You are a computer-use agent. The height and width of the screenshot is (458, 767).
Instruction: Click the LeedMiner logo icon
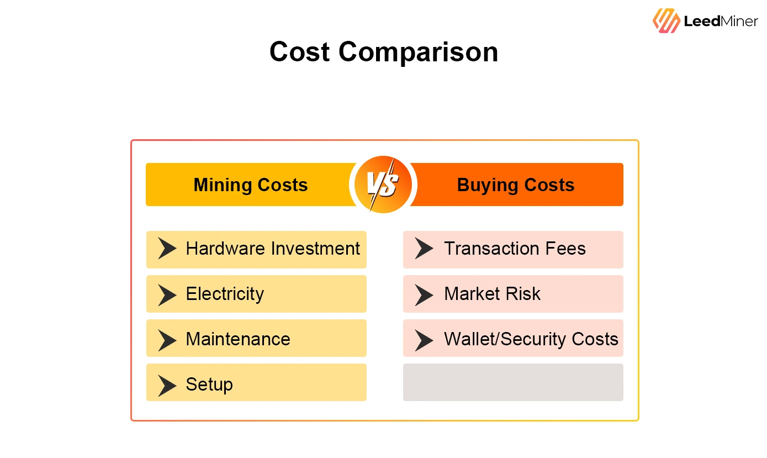tap(666, 20)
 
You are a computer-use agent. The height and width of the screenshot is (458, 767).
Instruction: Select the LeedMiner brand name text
tap(721, 21)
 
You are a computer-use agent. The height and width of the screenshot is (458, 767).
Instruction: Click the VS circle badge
tap(383, 185)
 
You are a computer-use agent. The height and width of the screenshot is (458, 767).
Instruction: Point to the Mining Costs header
tap(251, 185)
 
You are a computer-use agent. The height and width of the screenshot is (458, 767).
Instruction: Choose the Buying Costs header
tap(516, 185)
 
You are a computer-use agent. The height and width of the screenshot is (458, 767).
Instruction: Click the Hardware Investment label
tap(273, 249)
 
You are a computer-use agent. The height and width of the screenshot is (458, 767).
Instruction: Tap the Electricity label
tap(225, 294)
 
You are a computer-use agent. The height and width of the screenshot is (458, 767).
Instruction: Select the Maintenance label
tap(238, 339)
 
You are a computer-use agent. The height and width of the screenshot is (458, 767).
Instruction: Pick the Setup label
tap(209, 385)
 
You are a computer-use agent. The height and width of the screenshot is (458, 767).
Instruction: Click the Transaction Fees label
tap(515, 249)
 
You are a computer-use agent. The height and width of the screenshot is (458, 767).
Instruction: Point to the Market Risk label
tap(492, 294)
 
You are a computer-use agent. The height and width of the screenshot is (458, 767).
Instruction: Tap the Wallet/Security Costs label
tap(531, 339)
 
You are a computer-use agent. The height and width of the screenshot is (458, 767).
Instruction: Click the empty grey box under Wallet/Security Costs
tap(513, 382)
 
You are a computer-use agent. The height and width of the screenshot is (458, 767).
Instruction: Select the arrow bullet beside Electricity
tap(167, 294)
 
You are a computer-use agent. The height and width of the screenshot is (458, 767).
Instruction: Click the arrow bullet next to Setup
tap(167, 385)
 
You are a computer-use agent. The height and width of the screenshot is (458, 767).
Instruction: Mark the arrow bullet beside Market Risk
tap(424, 294)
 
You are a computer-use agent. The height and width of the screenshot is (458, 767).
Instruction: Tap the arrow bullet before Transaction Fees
tap(424, 249)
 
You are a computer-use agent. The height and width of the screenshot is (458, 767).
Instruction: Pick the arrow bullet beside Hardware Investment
tap(167, 249)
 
